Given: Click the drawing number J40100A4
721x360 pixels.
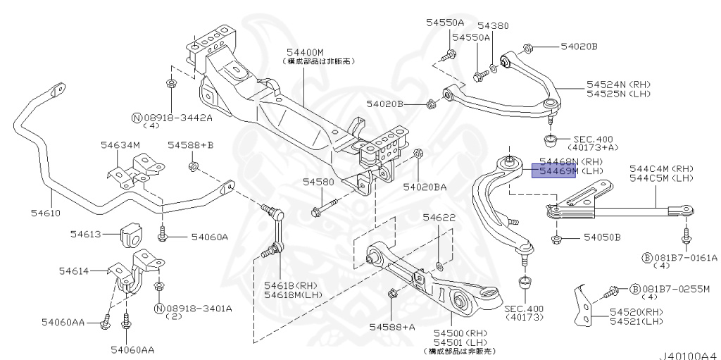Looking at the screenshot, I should point(687,355).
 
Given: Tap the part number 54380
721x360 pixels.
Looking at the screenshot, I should point(492,25).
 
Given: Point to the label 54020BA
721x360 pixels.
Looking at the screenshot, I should point(425,187).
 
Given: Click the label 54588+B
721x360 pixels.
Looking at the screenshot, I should point(190,145).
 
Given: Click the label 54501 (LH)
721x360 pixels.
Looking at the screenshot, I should point(459,342).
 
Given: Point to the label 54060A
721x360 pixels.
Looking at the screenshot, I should point(210,237).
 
